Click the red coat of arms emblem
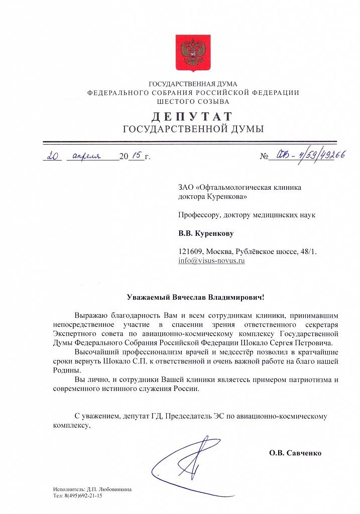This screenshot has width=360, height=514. click(x=190, y=52)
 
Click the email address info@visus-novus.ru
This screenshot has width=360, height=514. click(x=211, y=262)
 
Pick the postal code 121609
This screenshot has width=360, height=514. click(x=191, y=251)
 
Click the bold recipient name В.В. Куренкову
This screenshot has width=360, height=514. click(x=206, y=233)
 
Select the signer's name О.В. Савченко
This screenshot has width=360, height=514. click(x=295, y=453)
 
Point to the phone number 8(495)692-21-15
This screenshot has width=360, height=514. click(x=82, y=495)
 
